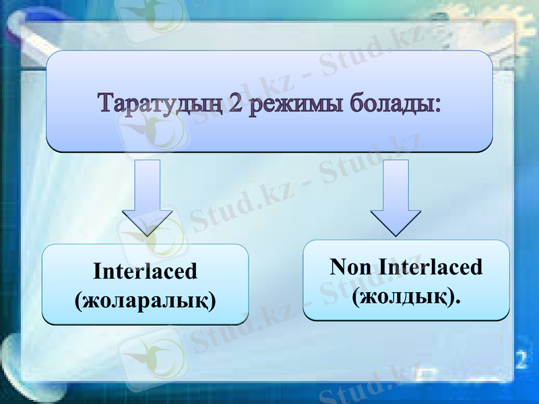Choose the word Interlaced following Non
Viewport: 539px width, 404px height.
(x=431, y=267)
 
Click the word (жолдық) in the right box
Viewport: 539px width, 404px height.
(x=402, y=295)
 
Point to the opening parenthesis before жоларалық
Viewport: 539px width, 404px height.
(x=77, y=300)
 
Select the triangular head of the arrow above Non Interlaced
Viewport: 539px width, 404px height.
(x=395, y=221)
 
